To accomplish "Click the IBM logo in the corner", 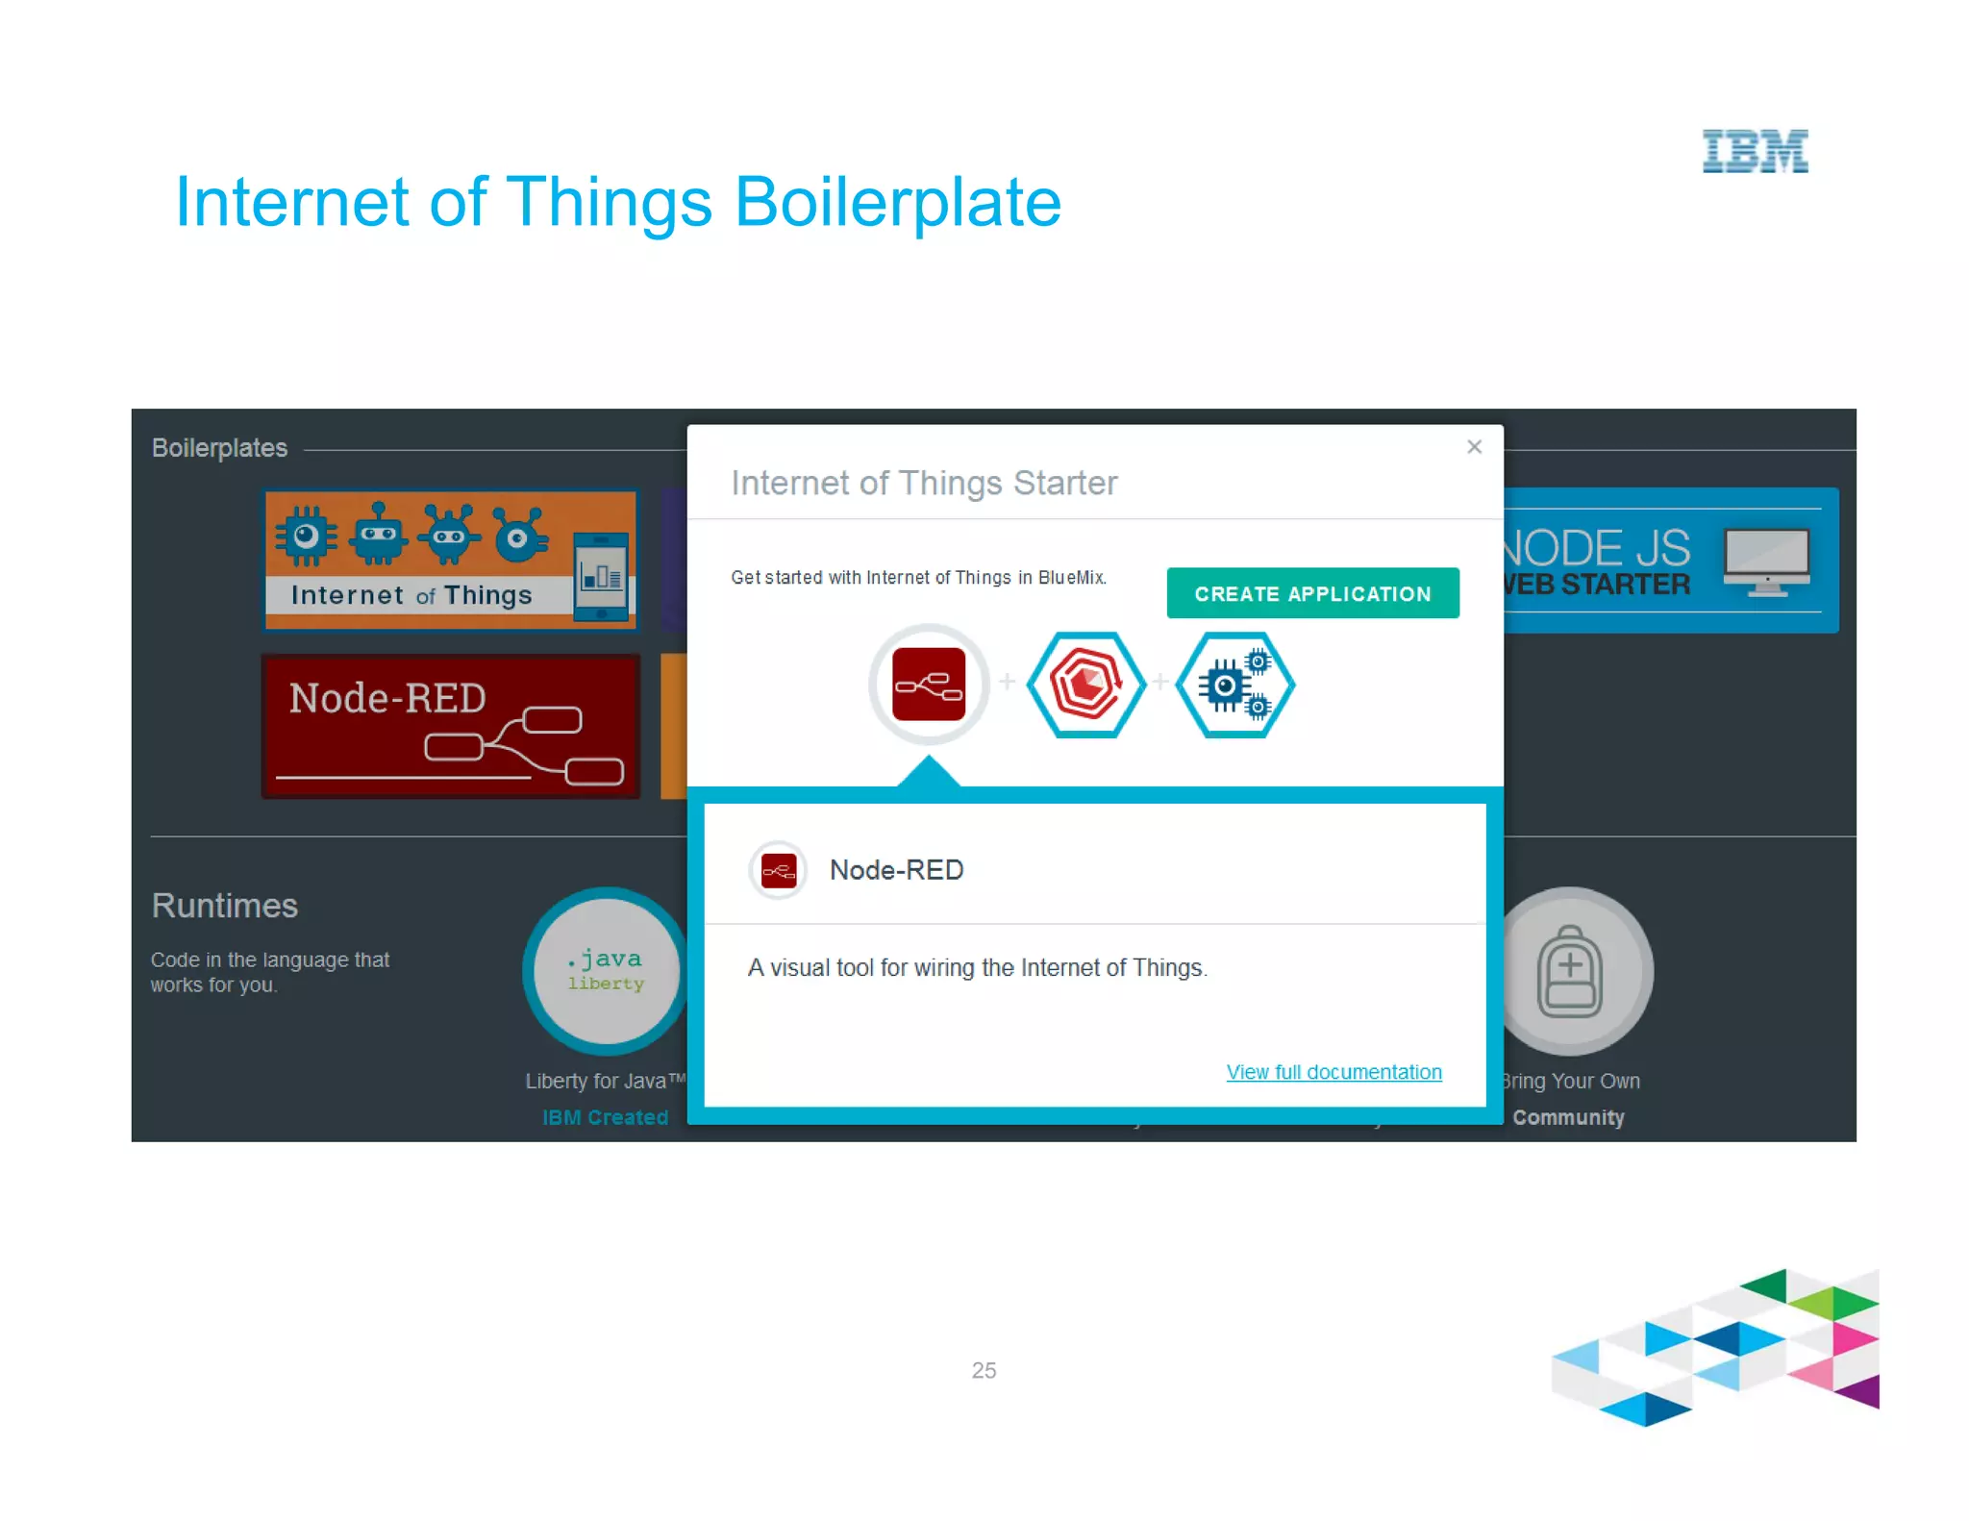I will tap(1755, 152).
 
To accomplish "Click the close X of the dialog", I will tap(1474, 447).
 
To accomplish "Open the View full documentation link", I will tap(1333, 1072).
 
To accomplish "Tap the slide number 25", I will tap(984, 1370).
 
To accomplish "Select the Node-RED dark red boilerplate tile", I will tap(450, 726).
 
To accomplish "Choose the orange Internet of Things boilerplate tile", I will tap(450, 560).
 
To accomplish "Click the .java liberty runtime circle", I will tap(606, 970).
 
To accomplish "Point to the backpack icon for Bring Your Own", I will tap(1569, 971).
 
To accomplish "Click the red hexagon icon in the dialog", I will tap(1086, 685).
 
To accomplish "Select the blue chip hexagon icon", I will tap(1235, 685).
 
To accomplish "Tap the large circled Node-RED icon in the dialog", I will tap(929, 685).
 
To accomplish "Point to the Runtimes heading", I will tap(225, 906).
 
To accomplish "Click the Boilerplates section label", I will tap(219, 448).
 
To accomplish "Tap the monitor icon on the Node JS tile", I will tap(1767, 561).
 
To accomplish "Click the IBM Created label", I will tap(605, 1117).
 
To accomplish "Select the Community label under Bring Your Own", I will tap(1568, 1117).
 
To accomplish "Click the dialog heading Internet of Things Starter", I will tap(924, 483).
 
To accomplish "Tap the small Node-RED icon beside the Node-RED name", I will tap(778, 871).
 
